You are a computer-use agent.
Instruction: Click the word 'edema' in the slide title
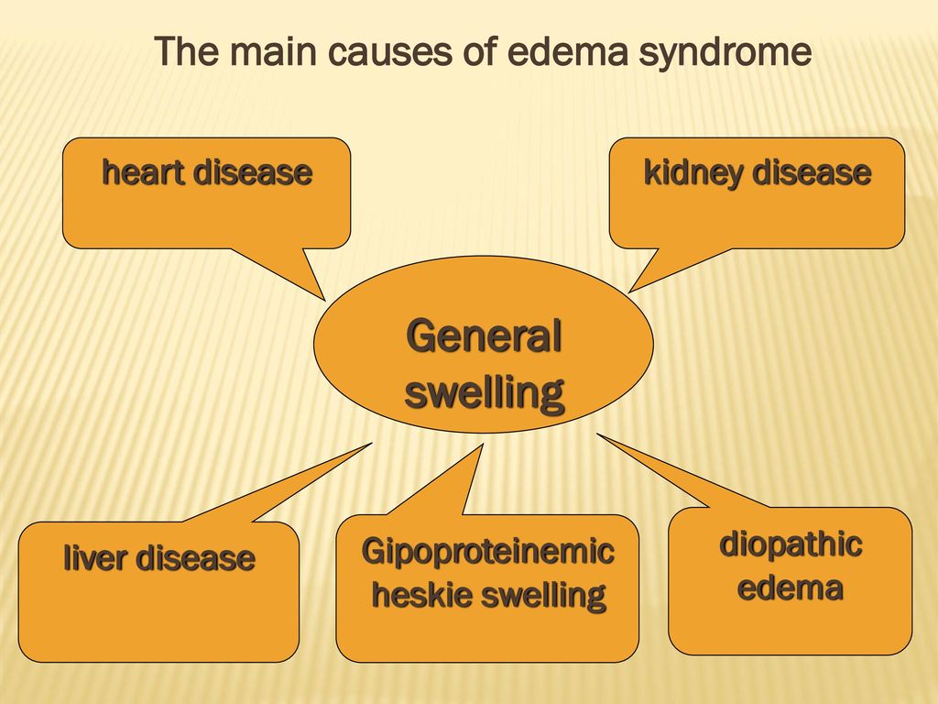click(x=568, y=51)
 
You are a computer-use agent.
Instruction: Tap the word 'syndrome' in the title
click(x=725, y=53)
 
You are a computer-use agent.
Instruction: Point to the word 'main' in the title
click(x=273, y=51)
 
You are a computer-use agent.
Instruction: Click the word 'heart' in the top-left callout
click(x=142, y=171)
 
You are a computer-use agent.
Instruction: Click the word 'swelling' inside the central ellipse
click(x=485, y=393)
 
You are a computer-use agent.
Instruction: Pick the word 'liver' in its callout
click(x=95, y=557)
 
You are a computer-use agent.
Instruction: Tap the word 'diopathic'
click(x=791, y=545)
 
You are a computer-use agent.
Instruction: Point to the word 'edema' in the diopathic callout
click(x=791, y=588)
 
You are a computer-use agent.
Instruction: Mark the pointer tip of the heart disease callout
click(x=325, y=300)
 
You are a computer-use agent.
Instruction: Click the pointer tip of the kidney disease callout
click(x=628, y=292)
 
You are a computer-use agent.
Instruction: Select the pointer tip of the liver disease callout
click(x=372, y=444)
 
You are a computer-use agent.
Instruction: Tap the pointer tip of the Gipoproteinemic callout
click(x=483, y=445)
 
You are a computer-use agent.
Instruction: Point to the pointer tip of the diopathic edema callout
click(x=597, y=434)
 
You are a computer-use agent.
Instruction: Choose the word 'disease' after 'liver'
click(x=196, y=557)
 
